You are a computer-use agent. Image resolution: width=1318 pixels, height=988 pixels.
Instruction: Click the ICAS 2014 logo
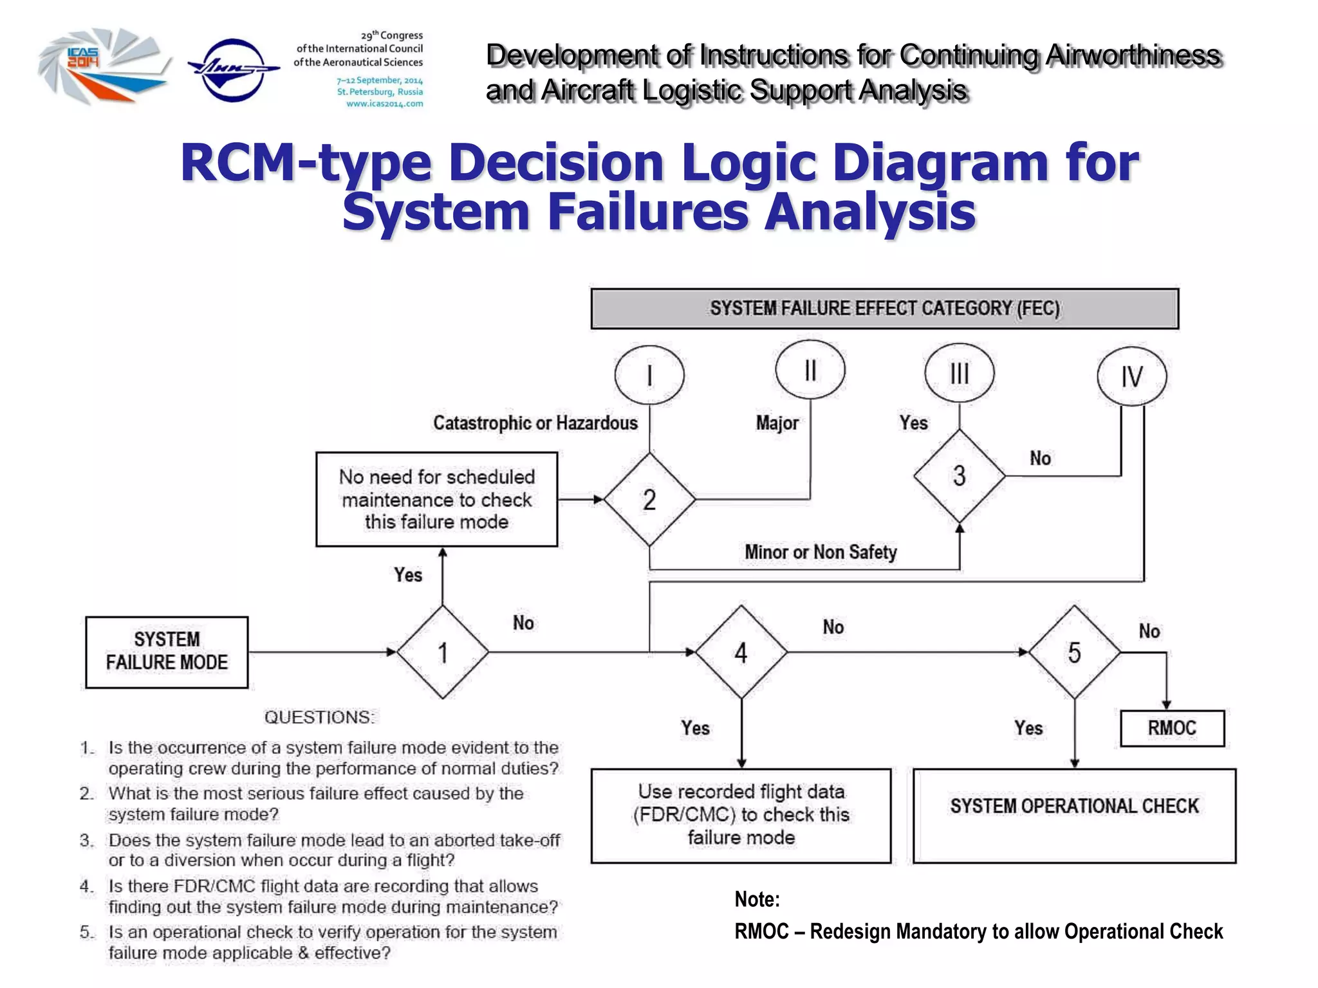(103, 66)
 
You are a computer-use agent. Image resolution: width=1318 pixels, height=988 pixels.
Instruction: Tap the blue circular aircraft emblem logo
(233, 69)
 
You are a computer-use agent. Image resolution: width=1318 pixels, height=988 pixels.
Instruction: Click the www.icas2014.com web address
(384, 104)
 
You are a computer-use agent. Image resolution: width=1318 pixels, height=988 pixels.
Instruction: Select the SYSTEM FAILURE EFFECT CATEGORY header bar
(884, 309)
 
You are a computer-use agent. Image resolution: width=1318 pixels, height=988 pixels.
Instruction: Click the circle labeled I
(649, 375)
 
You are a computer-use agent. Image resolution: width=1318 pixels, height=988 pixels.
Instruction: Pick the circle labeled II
(810, 370)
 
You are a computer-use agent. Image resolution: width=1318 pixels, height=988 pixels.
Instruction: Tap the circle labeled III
(959, 373)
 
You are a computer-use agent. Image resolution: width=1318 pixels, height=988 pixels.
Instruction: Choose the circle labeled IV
(1131, 376)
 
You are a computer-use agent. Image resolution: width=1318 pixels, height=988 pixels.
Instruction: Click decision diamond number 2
(649, 500)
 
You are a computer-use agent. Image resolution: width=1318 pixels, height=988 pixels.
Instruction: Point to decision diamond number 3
(959, 476)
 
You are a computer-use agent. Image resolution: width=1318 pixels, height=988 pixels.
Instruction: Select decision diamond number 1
(443, 652)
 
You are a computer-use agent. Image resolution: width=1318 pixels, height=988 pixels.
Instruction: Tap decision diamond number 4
(741, 652)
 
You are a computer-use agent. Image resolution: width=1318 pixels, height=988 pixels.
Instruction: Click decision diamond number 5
(1074, 652)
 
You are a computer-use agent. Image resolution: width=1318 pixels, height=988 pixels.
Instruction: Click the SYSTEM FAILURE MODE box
(167, 652)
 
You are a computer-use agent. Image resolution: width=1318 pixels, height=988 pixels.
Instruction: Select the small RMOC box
(1172, 728)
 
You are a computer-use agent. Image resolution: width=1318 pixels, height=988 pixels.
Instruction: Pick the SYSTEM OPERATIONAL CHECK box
(1074, 815)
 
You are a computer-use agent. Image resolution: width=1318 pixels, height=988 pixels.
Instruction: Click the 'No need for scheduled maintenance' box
(436, 499)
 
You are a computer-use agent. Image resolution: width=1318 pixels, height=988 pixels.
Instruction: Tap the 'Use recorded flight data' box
(741, 815)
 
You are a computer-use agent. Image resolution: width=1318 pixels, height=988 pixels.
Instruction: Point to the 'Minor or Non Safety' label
(821, 552)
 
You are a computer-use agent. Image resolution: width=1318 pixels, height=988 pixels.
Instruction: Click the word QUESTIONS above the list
(319, 717)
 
